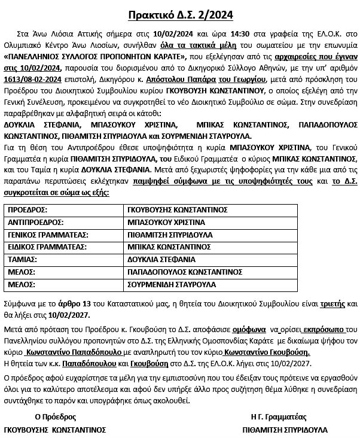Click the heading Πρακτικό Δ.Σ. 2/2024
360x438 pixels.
pos(179,14)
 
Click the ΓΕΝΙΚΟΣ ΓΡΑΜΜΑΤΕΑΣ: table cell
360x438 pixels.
pos(44,235)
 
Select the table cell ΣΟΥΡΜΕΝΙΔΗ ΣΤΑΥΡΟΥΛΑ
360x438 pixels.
pos(171,284)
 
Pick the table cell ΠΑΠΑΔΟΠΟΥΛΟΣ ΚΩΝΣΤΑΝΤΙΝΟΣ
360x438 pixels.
pos(179,272)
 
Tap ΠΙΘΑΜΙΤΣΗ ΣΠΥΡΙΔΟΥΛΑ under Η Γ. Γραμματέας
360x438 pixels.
pos(285,430)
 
